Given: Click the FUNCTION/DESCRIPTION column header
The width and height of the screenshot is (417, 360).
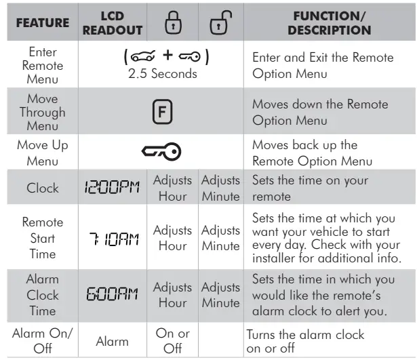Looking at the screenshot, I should (x=330, y=22).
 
